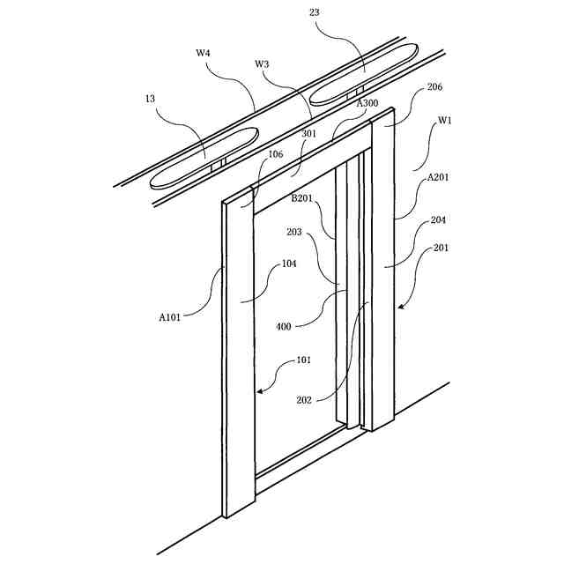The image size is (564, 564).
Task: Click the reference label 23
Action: (x=315, y=12)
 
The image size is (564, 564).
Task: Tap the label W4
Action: (x=203, y=53)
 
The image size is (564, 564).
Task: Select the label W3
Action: (x=262, y=63)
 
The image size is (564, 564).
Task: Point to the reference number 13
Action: (x=152, y=100)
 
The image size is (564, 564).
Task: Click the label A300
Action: (x=367, y=103)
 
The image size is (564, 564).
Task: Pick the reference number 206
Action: (x=434, y=87)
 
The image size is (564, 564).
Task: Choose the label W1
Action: (x=444, y=121)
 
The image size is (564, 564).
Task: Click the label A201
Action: (x=438, y=177)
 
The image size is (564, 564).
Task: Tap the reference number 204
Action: (x=438, y=220)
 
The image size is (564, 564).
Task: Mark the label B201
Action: (x=304, y=198)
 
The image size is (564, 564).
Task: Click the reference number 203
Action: (x=294, y=232)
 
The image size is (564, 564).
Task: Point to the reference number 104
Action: (x=288, y=263)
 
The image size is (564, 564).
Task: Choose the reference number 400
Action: (x=284, y=326)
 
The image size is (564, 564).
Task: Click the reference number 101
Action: (x=303, y=360)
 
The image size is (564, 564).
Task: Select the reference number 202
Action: (x=304, y=399)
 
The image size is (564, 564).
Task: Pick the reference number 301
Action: (x=308, y=134)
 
